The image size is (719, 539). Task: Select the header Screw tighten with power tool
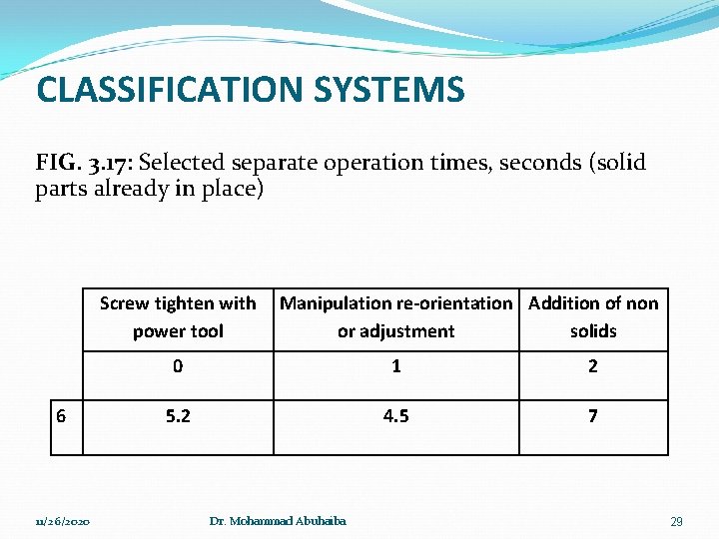point(178,316)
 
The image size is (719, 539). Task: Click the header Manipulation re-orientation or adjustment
point(395,316)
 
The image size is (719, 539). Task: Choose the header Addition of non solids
point(593,316)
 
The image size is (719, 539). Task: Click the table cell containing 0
point(178,366)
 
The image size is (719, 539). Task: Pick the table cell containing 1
point(395,366)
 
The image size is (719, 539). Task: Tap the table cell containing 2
point(593,366)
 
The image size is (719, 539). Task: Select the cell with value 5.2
point(178,415)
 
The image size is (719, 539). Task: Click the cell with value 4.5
point(395,415)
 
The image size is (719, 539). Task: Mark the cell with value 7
point(593,415)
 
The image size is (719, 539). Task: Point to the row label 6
point(62,415)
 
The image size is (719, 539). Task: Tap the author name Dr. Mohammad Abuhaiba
point(279,522)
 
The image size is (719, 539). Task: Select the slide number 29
point(676,522)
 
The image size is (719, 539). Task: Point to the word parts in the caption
point(64,189)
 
